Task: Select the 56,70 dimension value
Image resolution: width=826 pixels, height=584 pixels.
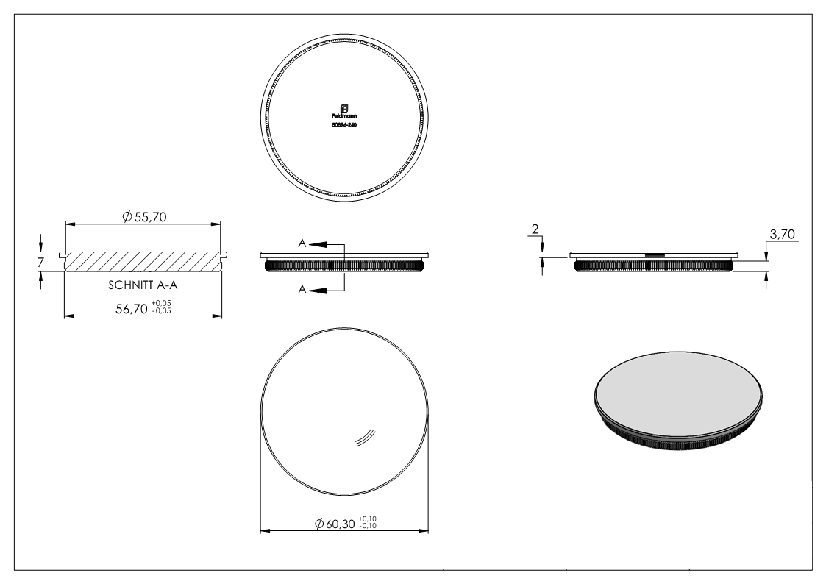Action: (130, 310)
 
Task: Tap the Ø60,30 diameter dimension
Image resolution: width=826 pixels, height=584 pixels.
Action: (335, 523)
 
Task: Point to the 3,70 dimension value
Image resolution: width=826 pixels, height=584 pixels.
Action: (780, 235)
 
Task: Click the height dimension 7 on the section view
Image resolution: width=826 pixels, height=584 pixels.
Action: (42, 261)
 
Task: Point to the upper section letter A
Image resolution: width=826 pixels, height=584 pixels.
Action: (302, 242)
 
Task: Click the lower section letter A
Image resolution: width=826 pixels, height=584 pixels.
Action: (302, 291)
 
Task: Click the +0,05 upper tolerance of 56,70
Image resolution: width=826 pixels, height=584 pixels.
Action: (162, 305)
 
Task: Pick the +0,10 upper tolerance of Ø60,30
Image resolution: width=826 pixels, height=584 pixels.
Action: (368, 519)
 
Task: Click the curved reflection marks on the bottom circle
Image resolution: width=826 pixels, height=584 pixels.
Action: (366, 438)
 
